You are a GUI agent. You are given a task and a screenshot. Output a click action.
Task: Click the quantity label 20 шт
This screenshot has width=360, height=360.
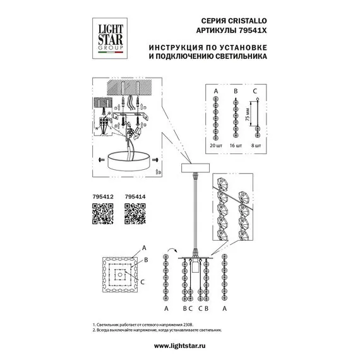[x=215, y=145]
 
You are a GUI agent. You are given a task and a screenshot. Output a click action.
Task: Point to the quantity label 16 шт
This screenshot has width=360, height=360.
[x=236, y=145]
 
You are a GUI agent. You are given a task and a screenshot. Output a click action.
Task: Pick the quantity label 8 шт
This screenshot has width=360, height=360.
[x=256, y=145]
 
